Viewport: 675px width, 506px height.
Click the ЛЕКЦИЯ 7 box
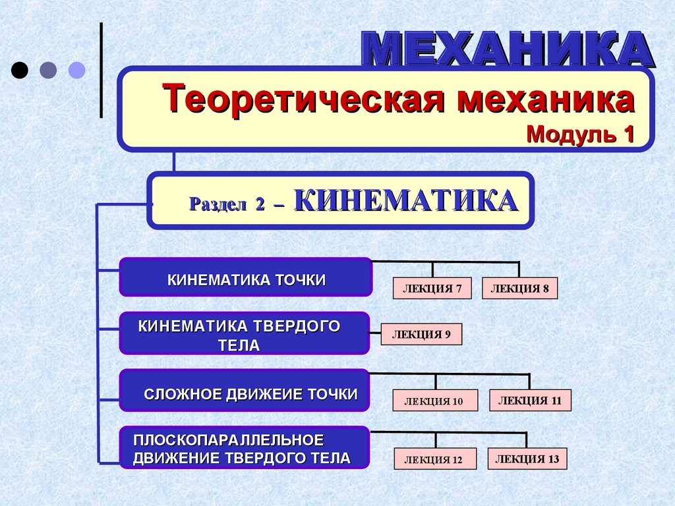(x=432, y=289)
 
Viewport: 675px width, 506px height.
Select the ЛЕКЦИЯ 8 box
(x=520, y=289)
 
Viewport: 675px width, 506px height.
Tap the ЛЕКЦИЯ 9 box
(x=422, y=334)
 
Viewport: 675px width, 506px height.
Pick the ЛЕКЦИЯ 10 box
(x=435, y=401)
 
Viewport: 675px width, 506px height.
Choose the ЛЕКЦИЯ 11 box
(x=530, y=400)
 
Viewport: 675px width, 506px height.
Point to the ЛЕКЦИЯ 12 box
(x=436, y=459)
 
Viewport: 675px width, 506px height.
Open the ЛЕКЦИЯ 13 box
(x=527, y=459)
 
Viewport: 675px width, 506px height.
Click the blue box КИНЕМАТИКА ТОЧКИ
(x=246, y=277)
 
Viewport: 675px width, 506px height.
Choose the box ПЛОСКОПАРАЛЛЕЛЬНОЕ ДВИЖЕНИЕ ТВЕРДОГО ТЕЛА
(x=245, y=447)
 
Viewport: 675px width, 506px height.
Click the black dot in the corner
(x=20, y=70)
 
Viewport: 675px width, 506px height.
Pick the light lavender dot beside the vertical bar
(x=77, y=70)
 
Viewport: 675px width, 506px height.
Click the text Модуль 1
(x=580, y=134)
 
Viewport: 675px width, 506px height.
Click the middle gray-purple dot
(x=49, y=70)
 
